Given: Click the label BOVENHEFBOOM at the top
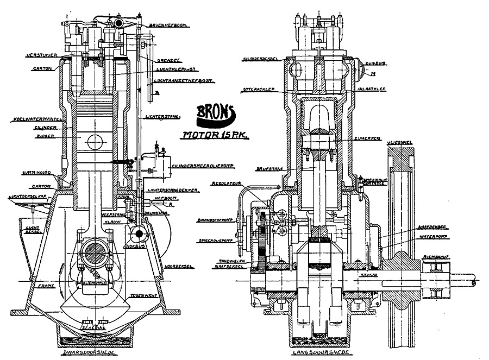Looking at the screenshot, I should [x=165, y=24].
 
